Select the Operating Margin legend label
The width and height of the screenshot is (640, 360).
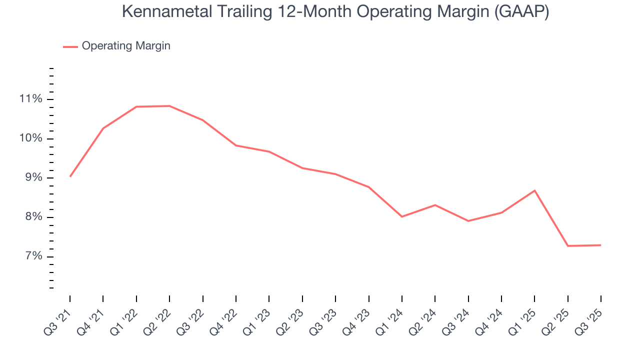[x=126, y=46]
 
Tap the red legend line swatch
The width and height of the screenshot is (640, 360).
[x=70, y=46]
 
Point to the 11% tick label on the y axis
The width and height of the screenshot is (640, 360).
[x=31, y=99]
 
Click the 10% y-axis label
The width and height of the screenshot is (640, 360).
[x=31, y=138]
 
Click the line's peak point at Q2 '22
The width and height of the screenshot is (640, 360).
[x=169, y=106]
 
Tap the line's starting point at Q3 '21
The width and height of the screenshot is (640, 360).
[x=70, y=176]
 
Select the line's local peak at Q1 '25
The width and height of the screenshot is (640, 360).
[x=534, y=190]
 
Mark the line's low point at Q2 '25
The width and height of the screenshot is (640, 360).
[x=567, y=246]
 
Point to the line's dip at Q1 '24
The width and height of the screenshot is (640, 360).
[x=402, y=216]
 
